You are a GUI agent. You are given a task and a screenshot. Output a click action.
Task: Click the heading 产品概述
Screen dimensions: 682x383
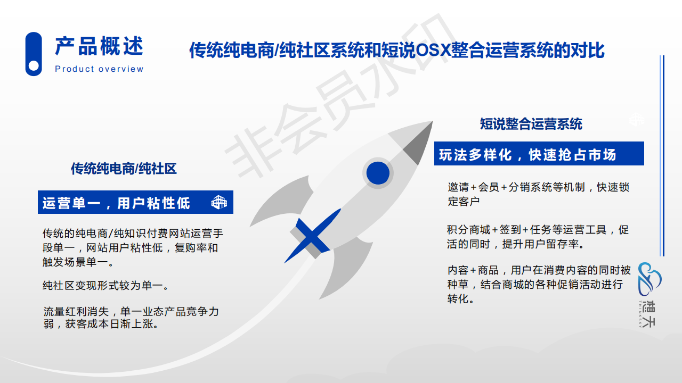point(99,46)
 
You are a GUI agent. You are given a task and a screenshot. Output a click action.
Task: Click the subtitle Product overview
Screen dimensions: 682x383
point(99,69)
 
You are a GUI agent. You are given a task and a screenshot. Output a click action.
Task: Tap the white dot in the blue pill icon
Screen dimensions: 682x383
point(34,65)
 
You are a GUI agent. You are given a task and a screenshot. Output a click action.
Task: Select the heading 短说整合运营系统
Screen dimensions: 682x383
point(531,124)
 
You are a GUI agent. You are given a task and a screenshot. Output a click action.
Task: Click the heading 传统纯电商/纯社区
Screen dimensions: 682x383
point(124,169)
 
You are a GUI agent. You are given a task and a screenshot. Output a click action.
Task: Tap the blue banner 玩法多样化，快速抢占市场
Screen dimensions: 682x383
point(539,154)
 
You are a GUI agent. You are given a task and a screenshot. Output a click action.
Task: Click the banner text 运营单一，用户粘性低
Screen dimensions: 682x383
point(116,203)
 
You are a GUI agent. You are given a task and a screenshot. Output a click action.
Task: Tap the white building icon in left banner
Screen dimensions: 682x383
point(219,202)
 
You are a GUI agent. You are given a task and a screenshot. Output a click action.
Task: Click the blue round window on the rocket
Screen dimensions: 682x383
point(378,173)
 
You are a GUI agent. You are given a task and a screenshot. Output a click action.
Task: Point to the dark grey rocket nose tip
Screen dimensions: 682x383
point(432,122)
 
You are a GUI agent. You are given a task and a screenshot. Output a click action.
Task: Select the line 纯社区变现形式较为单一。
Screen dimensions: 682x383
point(105,286)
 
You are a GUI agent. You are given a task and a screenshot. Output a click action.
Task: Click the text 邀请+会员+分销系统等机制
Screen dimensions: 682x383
point(516,187)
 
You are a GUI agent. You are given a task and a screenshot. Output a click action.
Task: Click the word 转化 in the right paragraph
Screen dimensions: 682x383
point(458,299)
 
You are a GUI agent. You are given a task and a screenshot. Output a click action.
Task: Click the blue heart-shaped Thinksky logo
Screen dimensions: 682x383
point(649,279)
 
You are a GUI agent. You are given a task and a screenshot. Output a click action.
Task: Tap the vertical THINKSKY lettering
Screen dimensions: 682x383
point(640,314)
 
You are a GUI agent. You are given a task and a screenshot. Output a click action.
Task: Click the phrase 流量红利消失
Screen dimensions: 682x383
point(76,312)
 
